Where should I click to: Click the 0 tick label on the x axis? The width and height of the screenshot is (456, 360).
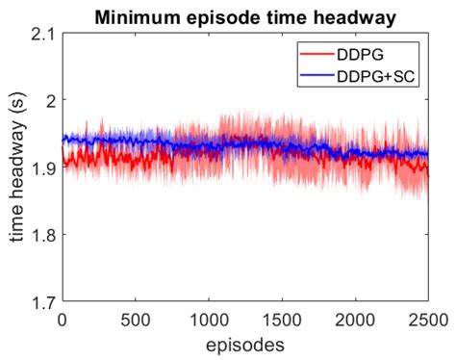click(x=63, y=319)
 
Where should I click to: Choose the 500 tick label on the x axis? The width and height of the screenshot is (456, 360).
click(x=136, y=319)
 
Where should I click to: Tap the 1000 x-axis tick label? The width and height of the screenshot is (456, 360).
click(x=208, y=319)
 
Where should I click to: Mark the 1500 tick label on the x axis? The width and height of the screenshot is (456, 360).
click(x=281, y=319)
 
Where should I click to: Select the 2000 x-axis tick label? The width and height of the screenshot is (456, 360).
click(x=354, y=319)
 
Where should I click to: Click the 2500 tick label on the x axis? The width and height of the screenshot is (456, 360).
click(x=426, y=319)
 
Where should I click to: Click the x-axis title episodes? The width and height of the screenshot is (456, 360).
click(x=244, y=343)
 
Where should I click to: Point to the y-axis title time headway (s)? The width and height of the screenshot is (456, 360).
click(x=16, y=167)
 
